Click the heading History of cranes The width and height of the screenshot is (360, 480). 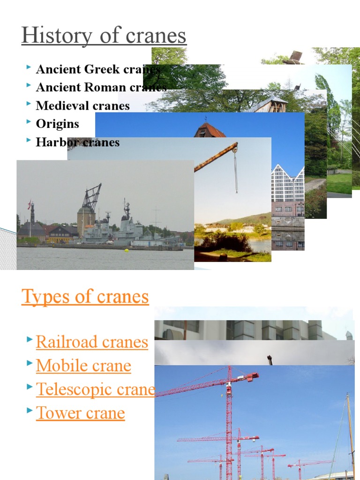pos(104,36)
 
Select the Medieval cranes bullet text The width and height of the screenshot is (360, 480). pos(82,105)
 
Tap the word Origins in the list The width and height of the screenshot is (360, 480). pos(58,124)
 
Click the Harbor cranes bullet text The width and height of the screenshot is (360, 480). pos(77,142)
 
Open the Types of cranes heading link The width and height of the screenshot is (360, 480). pos(85,296)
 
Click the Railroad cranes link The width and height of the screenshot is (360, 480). pos(92,342)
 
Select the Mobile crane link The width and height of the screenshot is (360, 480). pos(83,366)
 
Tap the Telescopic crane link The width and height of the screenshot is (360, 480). pos(95,389)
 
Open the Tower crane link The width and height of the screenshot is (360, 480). pos(80,413)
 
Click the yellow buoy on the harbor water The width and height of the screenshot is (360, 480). pos(126,250)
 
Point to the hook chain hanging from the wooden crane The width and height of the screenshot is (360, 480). pos(235,171)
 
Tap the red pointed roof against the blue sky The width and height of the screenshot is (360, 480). pos(210,130)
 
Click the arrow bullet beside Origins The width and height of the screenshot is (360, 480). pos(29,123)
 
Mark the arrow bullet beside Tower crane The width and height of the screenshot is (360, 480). pos(30,412)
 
